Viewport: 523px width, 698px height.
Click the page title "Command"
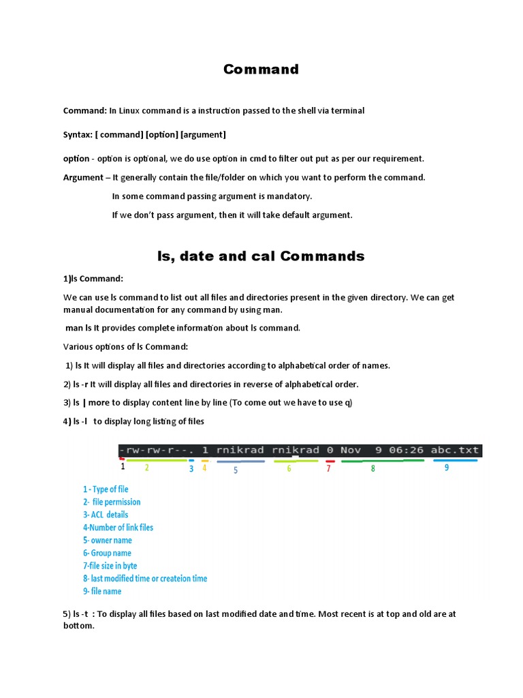pos(261,70)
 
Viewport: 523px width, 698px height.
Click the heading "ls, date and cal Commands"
pos(261,256)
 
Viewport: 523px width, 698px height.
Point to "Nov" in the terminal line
pos(351,451)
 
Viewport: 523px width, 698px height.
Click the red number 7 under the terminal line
pos(328,469)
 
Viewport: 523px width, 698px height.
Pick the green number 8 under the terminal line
pos(373,469)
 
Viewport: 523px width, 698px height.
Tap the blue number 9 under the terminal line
pos(447,468)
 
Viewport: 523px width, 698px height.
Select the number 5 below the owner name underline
pos(236,470)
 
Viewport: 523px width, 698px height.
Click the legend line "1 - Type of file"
pos(106,489)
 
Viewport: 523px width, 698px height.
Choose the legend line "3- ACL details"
pos(106,515)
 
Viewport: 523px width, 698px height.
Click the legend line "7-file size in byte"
pos(110,566)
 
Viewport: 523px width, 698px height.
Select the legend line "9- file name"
pos(102,591)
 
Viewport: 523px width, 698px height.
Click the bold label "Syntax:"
pos(78,134)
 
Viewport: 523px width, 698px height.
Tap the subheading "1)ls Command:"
pos(93,279)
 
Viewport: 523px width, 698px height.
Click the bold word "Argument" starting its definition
pos(82,177)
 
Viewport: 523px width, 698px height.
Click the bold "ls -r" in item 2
pos(83,384)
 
